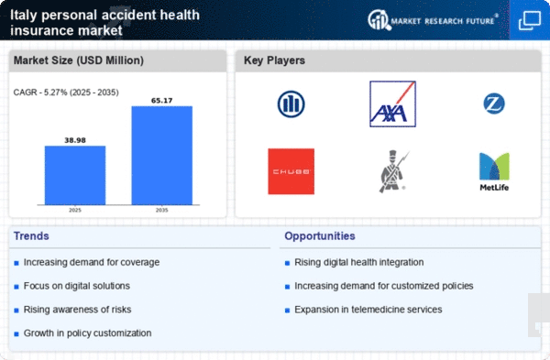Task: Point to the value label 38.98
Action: [x=75, y=138]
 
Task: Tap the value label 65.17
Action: [x=161, y=98]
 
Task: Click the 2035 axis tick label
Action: [x=161, y=210]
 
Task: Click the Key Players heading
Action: [x=274, y=61]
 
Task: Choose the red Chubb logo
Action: [x=291, y=171]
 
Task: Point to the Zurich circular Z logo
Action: [x=494, y=104]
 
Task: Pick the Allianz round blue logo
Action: [x=291, y=104]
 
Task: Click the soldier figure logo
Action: [x=392, y=171]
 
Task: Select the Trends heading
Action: [x=33, y=236]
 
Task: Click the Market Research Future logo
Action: [x=433, y=19]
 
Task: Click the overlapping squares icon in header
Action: [x=529, y=19]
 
